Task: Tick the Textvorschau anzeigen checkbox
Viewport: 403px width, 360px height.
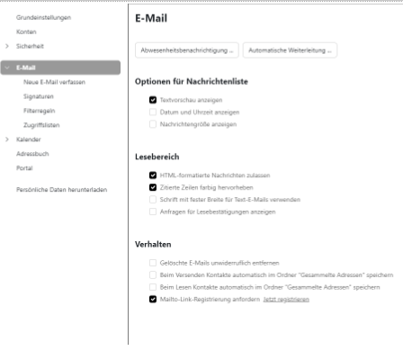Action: click(x=153, y=100)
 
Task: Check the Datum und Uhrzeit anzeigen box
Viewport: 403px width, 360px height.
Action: click(x=153, y=112)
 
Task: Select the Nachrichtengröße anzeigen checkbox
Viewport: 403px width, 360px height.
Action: click(x=153, y=123)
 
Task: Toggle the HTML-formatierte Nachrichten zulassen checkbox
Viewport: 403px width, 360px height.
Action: click(x=153, y=174)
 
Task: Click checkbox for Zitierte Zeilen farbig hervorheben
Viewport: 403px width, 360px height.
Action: click(x=153, y=186)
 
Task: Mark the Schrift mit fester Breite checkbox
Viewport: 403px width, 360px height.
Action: click(x=153, y=198)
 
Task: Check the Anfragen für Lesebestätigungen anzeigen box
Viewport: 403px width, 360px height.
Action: click(x=153, y=211)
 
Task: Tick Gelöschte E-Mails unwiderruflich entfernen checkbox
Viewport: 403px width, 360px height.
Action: click(x=153, y=261)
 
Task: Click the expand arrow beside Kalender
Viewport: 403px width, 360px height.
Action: click(x=7, y=139)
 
